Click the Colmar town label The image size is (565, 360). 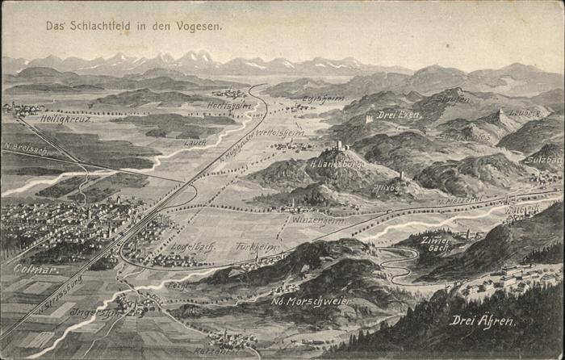pos(36,269)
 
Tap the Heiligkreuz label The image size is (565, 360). pos(65,119)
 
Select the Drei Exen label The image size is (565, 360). pos(399,115)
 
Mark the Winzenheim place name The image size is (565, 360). pos(317,220)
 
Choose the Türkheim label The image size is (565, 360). pos(257,247)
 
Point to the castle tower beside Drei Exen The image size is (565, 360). pos(369,118)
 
